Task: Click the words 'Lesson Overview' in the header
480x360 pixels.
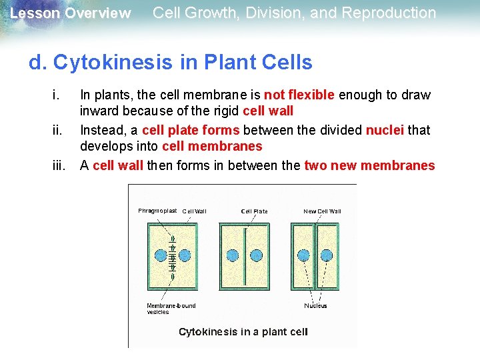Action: [71, 13]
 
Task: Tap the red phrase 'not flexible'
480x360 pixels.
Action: [299, 95]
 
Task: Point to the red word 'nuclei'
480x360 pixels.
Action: [385, 130]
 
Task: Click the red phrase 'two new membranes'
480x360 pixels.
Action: [369, 166]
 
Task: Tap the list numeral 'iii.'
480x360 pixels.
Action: [59, 166]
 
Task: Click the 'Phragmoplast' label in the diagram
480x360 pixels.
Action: [157, 211]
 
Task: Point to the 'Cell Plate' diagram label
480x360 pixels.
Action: [254, 211]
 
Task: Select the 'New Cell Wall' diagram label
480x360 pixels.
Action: [322, 211]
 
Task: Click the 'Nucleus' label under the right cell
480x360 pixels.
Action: [315, 306]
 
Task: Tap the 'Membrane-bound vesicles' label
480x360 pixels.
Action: [171, 309]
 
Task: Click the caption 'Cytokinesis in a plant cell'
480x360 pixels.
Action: [243, 331]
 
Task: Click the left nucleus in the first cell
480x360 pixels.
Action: [161, 255]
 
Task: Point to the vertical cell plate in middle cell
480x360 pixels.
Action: [244, 255]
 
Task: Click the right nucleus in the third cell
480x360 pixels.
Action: [327, 255]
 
